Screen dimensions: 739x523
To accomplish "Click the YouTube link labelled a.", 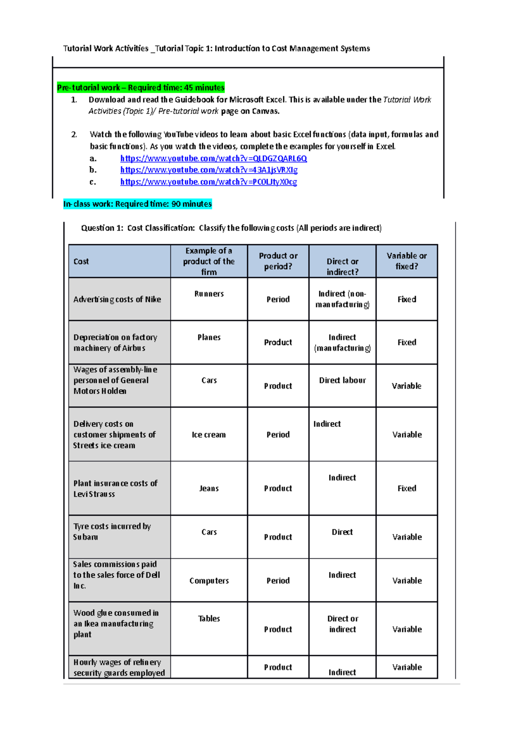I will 213,158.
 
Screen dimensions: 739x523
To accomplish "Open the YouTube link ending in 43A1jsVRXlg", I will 209,170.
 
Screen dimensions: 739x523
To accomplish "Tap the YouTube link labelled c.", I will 208,182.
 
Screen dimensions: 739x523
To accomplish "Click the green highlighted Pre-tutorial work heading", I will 140,87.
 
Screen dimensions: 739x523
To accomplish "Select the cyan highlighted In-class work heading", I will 137,204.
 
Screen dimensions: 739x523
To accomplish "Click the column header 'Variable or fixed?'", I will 406,261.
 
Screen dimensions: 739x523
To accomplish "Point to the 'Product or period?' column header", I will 278,261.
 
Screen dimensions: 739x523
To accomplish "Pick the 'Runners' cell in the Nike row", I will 209,294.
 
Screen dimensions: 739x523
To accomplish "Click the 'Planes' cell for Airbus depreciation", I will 209,337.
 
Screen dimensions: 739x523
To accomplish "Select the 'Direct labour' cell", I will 342,380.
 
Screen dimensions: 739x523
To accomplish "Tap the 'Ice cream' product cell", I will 209,435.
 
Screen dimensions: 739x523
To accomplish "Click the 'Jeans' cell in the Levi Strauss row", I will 209,488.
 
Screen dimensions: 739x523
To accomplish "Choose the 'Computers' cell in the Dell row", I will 209,581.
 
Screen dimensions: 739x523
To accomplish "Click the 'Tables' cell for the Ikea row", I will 209,618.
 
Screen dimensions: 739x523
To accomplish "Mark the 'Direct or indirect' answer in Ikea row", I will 343,624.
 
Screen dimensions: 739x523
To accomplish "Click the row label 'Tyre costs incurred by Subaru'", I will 112,531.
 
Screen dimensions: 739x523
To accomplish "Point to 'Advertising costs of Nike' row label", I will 117,299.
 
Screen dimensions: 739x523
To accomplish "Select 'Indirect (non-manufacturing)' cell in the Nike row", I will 342,299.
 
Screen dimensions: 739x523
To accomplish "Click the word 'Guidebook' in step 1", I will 194,100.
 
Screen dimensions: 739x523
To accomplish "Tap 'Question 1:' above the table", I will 102,228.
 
